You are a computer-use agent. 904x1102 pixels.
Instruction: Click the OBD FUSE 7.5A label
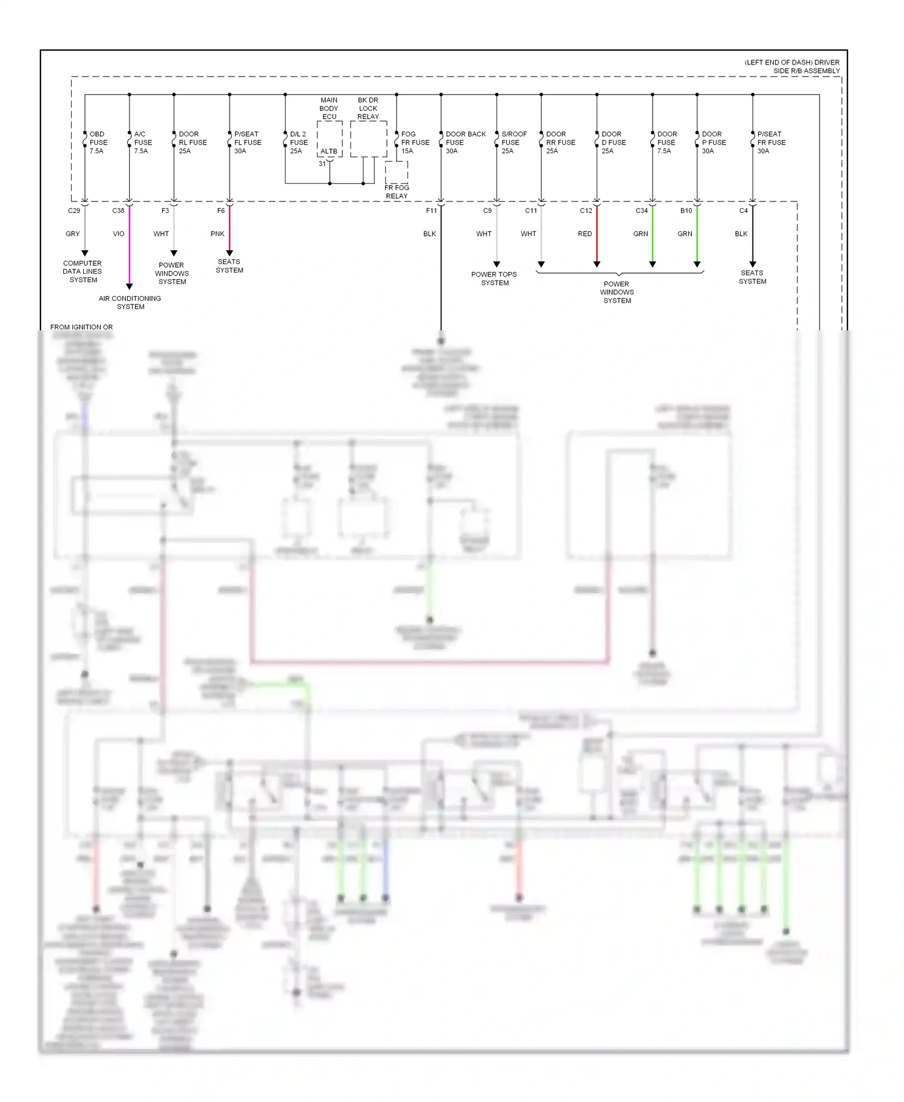[x=98, y=142]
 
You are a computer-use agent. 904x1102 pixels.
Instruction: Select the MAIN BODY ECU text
[x=329, y=109]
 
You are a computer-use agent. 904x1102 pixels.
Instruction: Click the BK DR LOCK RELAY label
[x=368, y=109]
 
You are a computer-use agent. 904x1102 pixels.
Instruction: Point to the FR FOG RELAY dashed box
[x=397, y=173]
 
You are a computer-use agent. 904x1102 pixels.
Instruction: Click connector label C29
[x=74, y=210]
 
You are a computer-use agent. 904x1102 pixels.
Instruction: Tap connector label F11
[x=432, y=210]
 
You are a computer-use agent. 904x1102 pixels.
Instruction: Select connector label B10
[x=686, y=210]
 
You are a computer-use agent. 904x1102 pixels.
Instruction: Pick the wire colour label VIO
[x=119, y=234]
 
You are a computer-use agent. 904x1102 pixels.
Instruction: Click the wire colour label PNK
[x=218, y=234]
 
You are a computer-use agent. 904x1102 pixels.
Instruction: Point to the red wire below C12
[x=597, y=235]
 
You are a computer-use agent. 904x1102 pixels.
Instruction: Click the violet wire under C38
[x=130, y=247]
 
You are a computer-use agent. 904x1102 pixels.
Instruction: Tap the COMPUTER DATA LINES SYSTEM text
[x=83, y=271]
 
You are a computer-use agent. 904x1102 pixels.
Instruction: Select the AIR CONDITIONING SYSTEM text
[x=130, y=303]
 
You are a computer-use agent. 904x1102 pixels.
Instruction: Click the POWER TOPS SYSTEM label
[x=494, y=279]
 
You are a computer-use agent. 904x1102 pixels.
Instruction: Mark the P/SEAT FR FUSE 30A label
[x=771, y=142]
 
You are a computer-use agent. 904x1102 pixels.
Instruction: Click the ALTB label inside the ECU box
[x=329, y=151]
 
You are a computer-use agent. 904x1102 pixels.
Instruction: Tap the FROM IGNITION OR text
[x=81, y=327]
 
